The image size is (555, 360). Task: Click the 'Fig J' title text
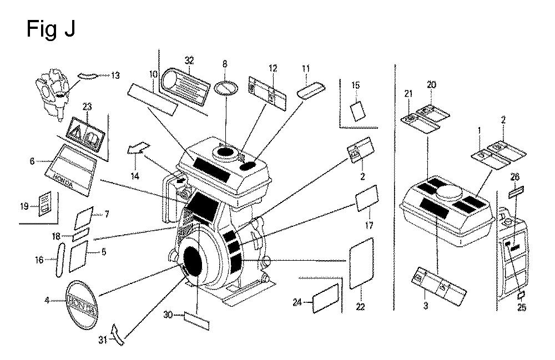tap(51, 29)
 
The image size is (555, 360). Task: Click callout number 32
tap(189, 60)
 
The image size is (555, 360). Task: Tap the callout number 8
tap(225, 65)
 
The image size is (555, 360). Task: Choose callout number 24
tap(297, 302)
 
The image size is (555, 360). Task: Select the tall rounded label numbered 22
tap(362, 262)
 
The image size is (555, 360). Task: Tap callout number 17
tap(369, 226)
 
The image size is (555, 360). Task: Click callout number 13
tap(115, 76)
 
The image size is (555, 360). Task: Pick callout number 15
tap(356, 85)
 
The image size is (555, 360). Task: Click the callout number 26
tap(516, 178)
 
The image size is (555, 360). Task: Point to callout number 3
tap(425, 305)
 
